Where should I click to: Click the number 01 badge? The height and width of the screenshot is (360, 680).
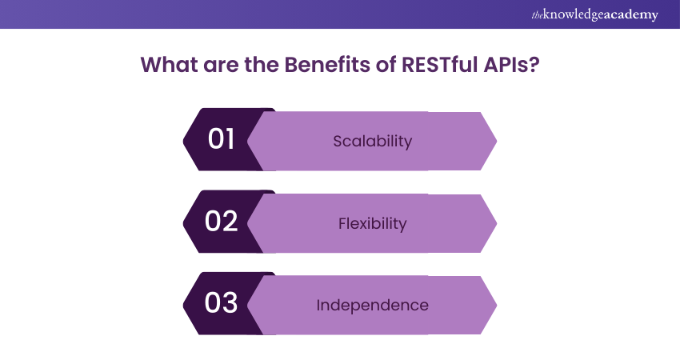(221, 139)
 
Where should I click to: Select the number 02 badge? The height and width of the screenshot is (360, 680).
(221, 222)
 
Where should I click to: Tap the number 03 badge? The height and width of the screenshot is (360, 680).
(221, 304)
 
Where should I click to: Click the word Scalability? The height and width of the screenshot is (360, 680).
(372, 142)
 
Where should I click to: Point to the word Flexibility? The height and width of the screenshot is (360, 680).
(372, 224)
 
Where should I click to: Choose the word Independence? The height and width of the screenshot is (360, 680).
(372, 306)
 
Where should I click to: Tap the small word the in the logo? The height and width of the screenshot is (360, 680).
(537, 14)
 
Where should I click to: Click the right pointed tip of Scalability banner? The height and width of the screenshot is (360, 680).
(496, 141)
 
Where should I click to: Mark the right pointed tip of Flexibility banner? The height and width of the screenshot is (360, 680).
(496, 223)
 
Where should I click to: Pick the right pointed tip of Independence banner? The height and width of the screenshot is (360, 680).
(496, 306)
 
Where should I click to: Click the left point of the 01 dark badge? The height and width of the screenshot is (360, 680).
(184, 141)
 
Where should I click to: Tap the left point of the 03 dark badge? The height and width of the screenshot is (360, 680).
(184, 305)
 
